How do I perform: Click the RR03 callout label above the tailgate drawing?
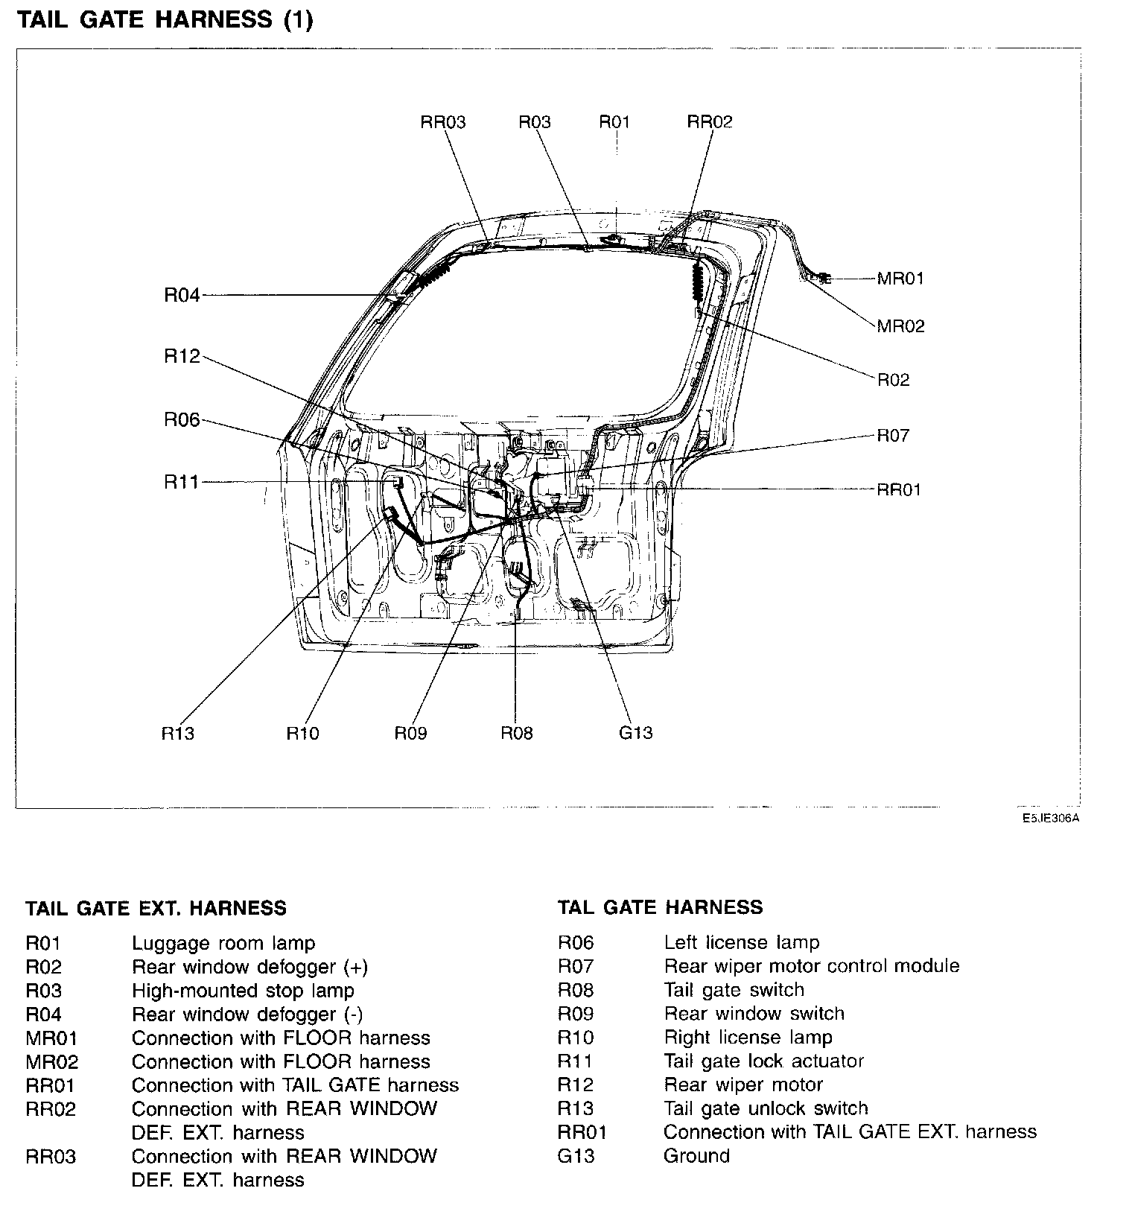[443, 122]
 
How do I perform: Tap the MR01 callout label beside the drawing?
[900, 279]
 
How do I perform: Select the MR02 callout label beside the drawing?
[900, 326]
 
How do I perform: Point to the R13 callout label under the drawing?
[178, 734]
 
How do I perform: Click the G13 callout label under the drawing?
[635, 733]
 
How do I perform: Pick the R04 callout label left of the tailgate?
[182, 296]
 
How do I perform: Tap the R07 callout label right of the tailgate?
[893, 435]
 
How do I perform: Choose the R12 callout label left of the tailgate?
[182, 357]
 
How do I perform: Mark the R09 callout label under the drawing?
[410, 734]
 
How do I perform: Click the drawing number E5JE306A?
[1050, 818]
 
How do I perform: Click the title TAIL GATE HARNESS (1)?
[165, 20]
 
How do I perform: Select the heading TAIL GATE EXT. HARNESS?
[156, 909]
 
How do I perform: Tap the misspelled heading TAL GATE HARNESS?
[660, 907]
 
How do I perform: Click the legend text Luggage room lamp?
[223, 944]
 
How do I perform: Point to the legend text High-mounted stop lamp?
[243, 991]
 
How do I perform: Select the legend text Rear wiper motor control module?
[811, 966]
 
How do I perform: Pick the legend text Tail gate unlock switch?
[766, 1108]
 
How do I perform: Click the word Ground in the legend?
[696, 1156]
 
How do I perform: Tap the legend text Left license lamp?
[741, 943]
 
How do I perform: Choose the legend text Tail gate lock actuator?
[763, 1061]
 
